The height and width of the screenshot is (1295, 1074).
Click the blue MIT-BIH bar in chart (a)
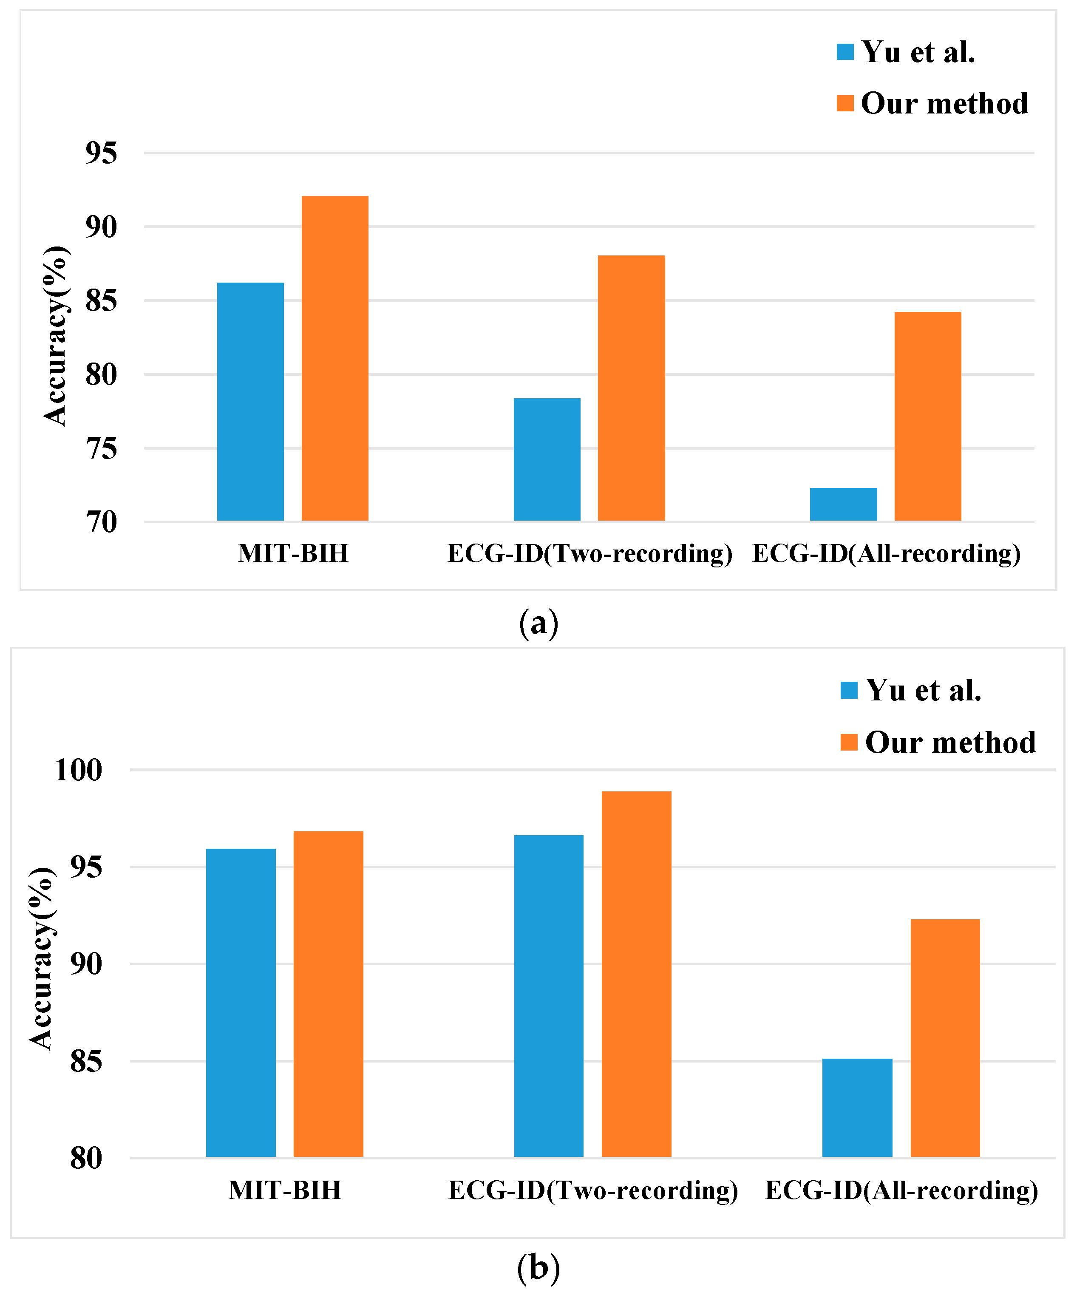[250, 402]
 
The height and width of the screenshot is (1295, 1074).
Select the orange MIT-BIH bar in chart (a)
[335, 358]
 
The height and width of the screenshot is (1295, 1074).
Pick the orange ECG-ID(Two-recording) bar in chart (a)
[631, 388]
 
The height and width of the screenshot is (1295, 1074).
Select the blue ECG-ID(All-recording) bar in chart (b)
[857, 1108]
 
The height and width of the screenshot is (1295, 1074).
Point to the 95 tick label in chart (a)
[101, 153]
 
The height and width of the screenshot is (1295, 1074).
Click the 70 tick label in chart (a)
[101, 522]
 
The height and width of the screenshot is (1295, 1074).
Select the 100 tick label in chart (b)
[78, 770]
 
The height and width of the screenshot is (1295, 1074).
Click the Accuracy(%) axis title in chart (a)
[56, 336]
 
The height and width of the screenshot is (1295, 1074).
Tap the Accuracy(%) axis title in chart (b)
[42, 959]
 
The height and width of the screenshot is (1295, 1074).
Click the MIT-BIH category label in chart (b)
[284, 1190]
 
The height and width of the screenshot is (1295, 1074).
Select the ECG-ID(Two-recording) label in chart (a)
[589, 553]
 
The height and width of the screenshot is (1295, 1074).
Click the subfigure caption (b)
[538, 1267]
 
